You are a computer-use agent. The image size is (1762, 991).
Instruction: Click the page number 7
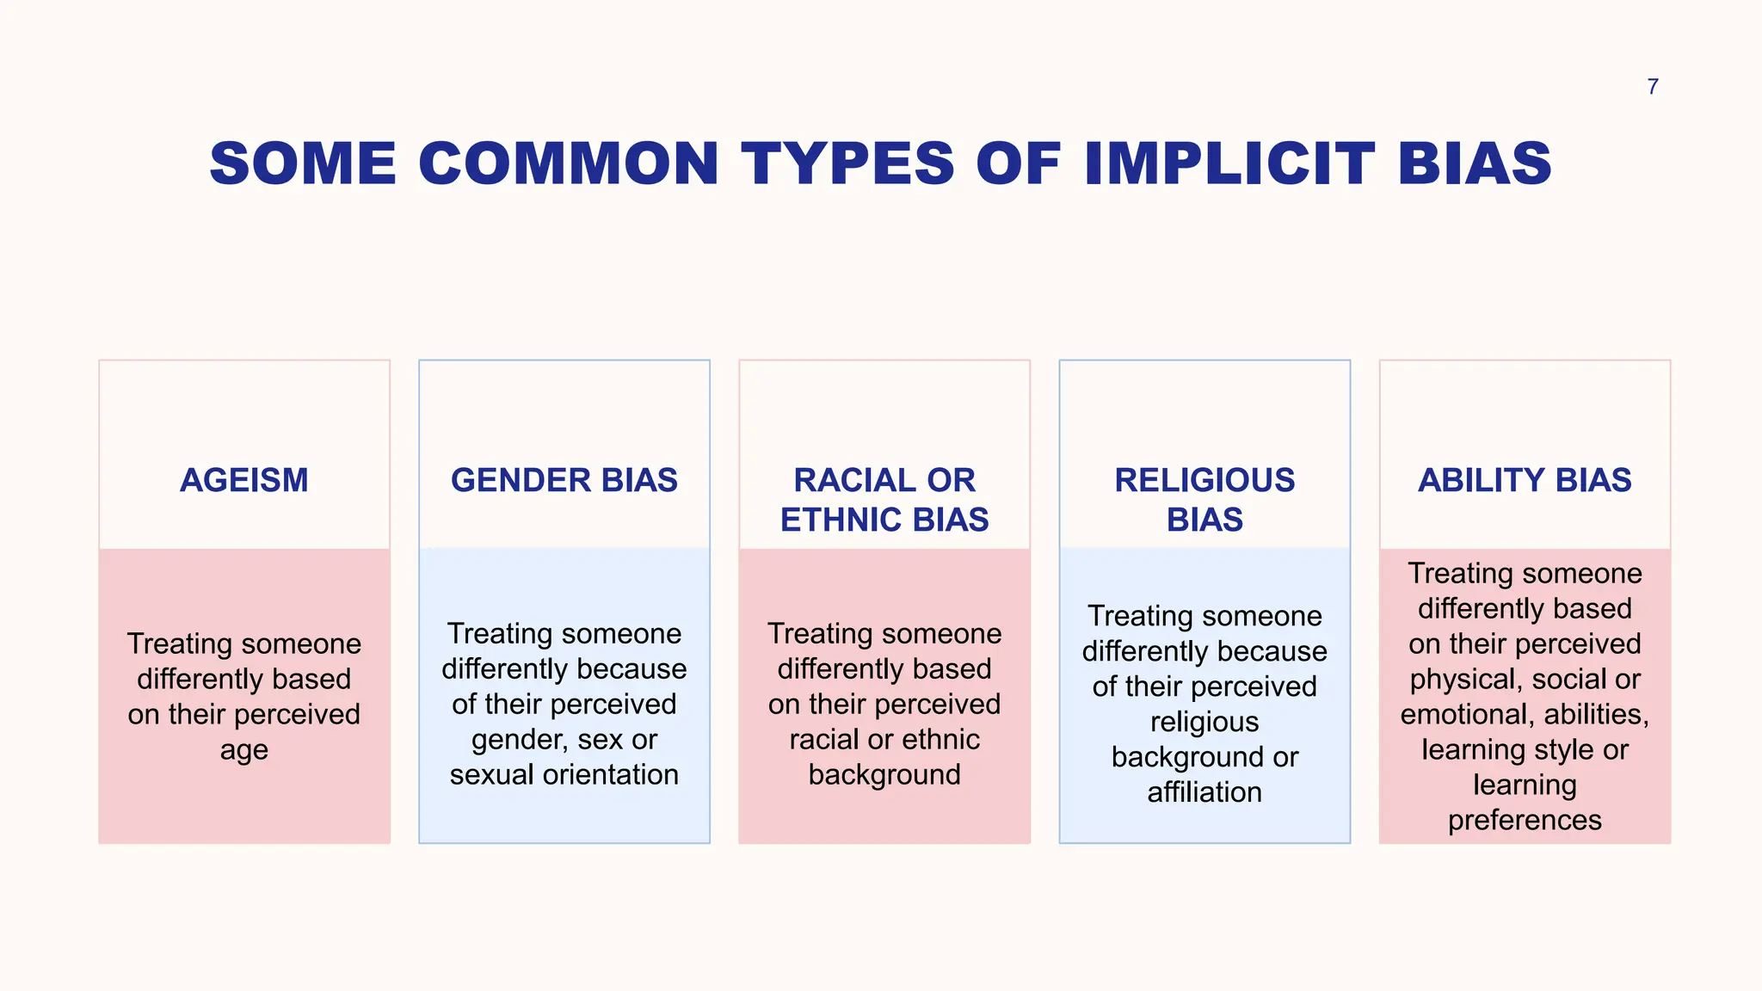click(x=1652, y=87)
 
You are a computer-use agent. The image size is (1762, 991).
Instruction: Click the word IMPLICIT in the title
click(x=1229, y=163)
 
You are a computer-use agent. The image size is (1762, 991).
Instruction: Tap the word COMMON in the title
click(x=569, y=163)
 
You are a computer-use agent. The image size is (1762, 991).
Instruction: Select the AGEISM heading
click(x=244, y=480)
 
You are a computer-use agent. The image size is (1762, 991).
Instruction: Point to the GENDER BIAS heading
click(x=564, y=480)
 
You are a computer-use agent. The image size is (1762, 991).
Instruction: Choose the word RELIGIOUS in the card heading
click(x=1204, y=480)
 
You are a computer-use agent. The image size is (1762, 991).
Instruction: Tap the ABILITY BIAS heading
click(x=1525, y=480)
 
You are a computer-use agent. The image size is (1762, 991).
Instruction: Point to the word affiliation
click(x=1204, y=792)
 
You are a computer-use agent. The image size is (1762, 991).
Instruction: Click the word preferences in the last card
click(x=1525, y=820)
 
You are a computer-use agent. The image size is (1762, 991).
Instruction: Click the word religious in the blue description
click(x=1204, y=722)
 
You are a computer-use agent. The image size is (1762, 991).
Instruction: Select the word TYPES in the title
click(x=847, y=163)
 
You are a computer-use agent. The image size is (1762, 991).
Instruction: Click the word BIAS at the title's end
click(x=1475, y=163)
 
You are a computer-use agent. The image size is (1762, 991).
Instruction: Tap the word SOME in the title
click(x=303, y=163)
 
